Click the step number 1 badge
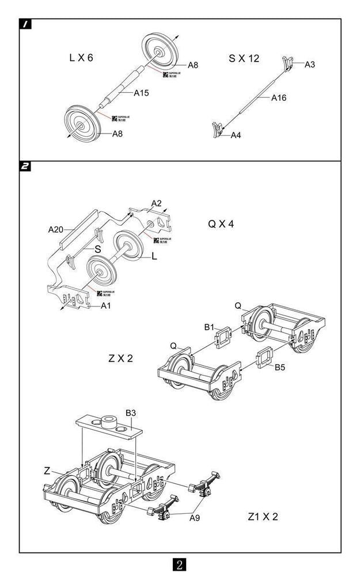point(26,24)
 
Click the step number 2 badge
point(26,166)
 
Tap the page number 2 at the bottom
point(179,564)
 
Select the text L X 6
point(81,58)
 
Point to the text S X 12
point(244,58)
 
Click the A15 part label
point(142,93)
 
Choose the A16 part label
point(279,98)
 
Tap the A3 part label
point(310,64)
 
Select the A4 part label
point(236,135)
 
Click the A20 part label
point(55,229)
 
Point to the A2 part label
point(156,203)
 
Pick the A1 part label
point(106,305)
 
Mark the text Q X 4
point(221,223)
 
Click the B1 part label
point(209,327)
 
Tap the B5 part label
point(280,367)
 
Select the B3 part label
point(131,413)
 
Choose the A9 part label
point(195,518)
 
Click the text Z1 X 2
point(263,517)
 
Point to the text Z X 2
point(121,358)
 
